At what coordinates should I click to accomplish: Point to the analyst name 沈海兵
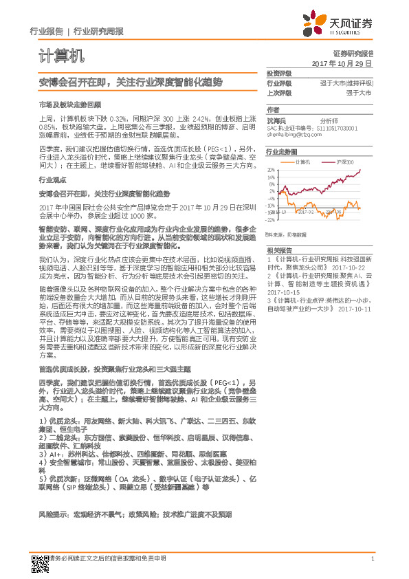tap(276, 120)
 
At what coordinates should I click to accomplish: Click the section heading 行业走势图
tap(282, 151)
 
